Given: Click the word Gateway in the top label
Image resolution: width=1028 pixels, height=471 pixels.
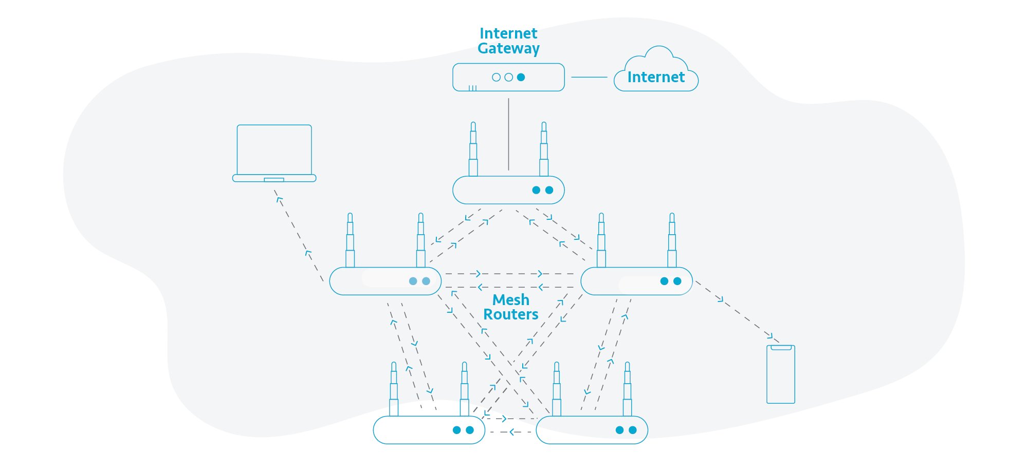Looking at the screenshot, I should coord(508,49).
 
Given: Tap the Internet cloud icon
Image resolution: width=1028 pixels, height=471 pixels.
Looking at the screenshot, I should coord(656,72).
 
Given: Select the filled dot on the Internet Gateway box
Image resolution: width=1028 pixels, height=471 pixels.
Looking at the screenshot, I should coord(521,77).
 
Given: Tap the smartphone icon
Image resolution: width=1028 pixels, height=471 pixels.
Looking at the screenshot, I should coord(780,374).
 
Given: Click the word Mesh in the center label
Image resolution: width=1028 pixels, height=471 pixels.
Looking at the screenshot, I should coord(510,299).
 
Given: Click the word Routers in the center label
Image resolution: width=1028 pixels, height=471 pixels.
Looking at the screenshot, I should coord(510,314).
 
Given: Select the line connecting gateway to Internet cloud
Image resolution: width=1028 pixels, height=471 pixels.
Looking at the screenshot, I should coord(589,77).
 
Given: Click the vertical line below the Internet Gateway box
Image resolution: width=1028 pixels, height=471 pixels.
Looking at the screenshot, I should coord(508,134).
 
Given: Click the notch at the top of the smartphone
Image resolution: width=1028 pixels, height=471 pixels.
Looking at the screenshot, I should coord(781,348).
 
